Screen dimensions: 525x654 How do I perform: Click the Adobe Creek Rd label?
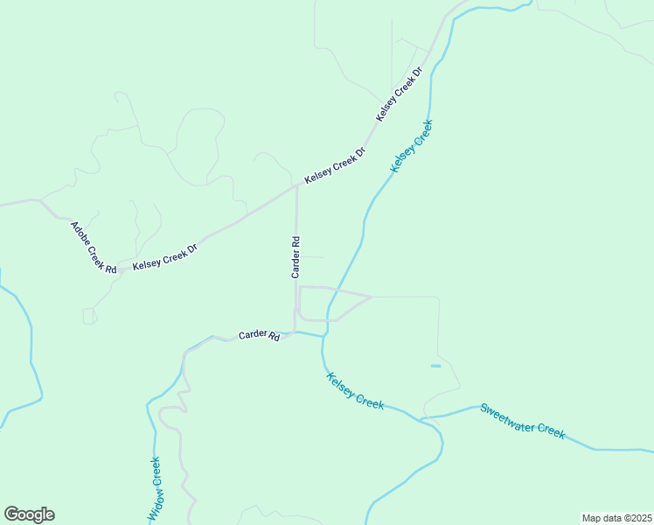94,248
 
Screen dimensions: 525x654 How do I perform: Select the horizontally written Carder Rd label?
260,335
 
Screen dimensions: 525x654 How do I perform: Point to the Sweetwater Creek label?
522,420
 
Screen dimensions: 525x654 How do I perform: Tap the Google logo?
29,514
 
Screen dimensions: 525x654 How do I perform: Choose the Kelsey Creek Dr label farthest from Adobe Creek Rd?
400,94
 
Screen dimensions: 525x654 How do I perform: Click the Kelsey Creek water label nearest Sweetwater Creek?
355,391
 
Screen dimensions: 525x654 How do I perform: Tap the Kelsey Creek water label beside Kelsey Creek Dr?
412,146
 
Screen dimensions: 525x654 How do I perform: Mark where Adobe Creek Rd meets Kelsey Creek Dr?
118,272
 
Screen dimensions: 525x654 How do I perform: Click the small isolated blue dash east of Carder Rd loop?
435,366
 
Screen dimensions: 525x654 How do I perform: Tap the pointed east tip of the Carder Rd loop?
371,297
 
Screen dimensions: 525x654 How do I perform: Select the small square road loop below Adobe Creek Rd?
89,316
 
